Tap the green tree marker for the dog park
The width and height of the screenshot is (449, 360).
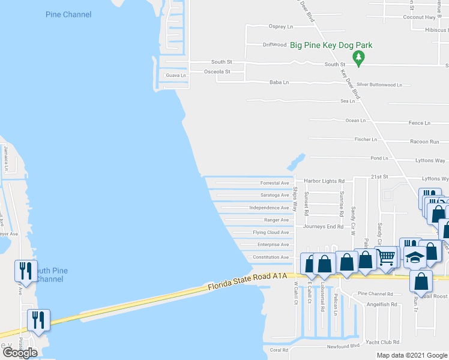pyautogui.click(x=359, y=58)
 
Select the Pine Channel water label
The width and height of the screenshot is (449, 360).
pyautogui.click(x=68, y=14)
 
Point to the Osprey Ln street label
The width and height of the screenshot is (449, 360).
pyautogui.click(x=281, y=27)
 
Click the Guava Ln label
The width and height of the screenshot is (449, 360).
pyautogui.click(x=175, y=76)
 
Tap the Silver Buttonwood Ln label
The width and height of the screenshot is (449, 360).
pyautogui.click(x=379, y=85)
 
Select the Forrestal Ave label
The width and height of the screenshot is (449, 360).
pyautogui.click(x=274, y=183)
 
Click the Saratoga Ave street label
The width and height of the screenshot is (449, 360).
pyautogui.click(x=274, y=195)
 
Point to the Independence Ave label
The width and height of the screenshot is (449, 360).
pyautogui.click(x=269, y=208)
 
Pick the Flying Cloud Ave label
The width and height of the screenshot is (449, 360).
pyautogui.click(x=271, y=232)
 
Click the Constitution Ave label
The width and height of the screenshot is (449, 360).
pyautogui.click(x=270, y=257)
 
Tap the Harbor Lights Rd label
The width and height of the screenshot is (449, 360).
pyautogui.click(x=324, y=181)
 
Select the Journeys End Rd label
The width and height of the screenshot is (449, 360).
pyautogui.click(x=323, y=227)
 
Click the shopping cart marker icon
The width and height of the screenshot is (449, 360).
pyautogui.click(x=387, y=256)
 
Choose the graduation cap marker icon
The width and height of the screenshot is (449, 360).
pyautogui.click(x=415, y=257)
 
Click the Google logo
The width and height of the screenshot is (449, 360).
pyautogui.click(x=20, y=353)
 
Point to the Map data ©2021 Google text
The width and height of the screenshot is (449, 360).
pyautogui.click(x=412, y=355)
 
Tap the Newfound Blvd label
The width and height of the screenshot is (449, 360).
pyautogui.click(x=343, y=346)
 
